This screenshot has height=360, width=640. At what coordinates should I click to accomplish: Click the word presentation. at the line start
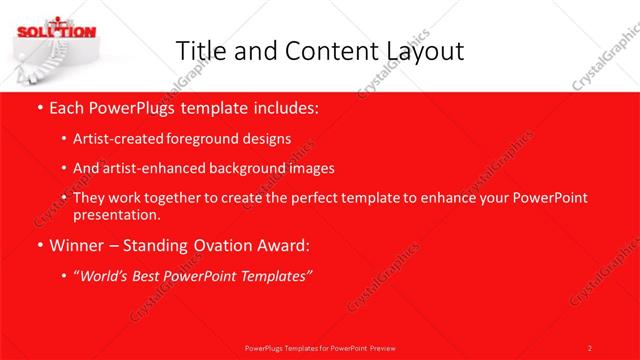coord(116,214)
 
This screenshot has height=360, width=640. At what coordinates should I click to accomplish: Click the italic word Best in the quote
coord(150,274)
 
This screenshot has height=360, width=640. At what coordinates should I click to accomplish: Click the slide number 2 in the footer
coord(590,348)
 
